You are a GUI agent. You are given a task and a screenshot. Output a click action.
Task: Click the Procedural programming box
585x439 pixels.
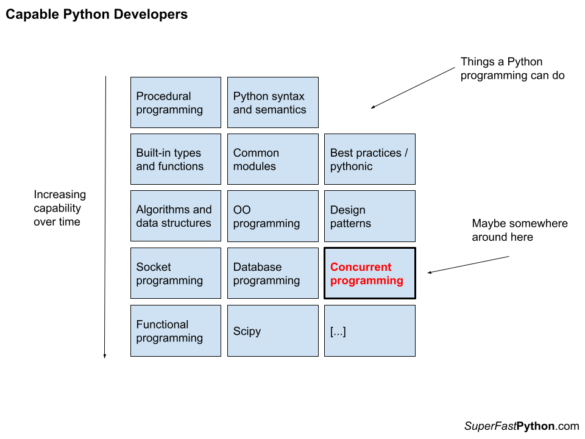click(x=175, y=102)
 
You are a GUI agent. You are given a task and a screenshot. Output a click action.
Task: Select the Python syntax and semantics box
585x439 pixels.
click(x=272, y=102)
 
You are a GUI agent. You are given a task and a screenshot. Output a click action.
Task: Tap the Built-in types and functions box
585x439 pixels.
click(x=175, y=159)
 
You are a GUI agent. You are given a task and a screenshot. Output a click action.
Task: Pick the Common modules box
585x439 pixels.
click(x=272, y=159)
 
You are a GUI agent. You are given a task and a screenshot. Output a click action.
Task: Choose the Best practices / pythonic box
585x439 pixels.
click(x=369, y=159)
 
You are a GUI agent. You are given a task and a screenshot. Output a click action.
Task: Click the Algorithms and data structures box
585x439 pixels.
click(x=175, y=216)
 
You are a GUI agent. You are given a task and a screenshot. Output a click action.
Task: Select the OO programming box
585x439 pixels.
click(x=272, y=216)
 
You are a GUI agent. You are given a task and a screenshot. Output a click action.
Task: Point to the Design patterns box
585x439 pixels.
click(x=369, y=216)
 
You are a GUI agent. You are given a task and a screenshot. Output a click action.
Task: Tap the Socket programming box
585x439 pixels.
click(x=175, y=273)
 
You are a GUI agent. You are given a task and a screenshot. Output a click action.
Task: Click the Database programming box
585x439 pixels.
click(x=272, y=273)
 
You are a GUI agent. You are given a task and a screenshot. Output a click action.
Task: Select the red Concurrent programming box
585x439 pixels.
click(x=369, y=273)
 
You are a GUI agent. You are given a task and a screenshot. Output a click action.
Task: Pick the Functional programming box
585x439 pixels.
click(x=175, y=330)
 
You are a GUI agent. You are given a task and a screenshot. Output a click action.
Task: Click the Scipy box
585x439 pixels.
click(x=272, y=330)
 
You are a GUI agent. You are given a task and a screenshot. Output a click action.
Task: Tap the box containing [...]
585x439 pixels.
click(x=369, y=330)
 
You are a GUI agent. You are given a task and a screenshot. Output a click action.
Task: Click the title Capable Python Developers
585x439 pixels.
click(x=96, y=15)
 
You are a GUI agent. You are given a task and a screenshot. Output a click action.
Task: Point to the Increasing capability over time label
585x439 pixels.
click(x=60, y=208)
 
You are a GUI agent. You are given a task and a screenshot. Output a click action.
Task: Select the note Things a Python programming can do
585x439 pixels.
click(x=512, y=68)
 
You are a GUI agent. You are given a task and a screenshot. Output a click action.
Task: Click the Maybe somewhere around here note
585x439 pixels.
click(x=519, y=230)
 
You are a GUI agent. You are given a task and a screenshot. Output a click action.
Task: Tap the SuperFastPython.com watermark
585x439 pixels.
click(x=521, y=426)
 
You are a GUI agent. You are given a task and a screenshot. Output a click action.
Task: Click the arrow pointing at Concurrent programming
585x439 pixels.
click(x=468, y=265)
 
